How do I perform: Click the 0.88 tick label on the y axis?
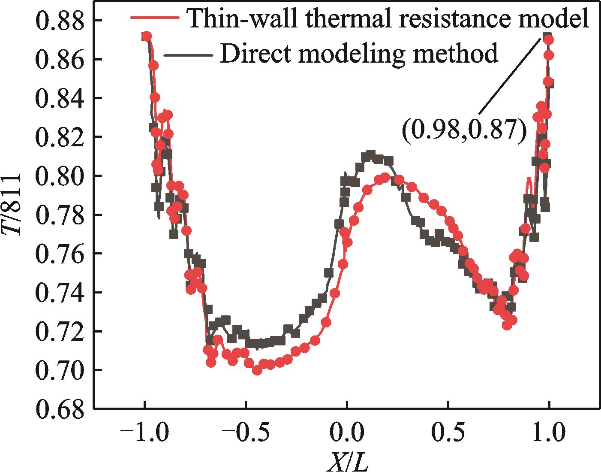60,21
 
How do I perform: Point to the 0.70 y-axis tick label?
60,370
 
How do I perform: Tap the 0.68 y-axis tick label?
60,409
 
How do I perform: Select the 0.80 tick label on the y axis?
60,176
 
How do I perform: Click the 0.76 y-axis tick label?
60,254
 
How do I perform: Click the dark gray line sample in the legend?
189,54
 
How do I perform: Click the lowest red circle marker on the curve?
257,370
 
